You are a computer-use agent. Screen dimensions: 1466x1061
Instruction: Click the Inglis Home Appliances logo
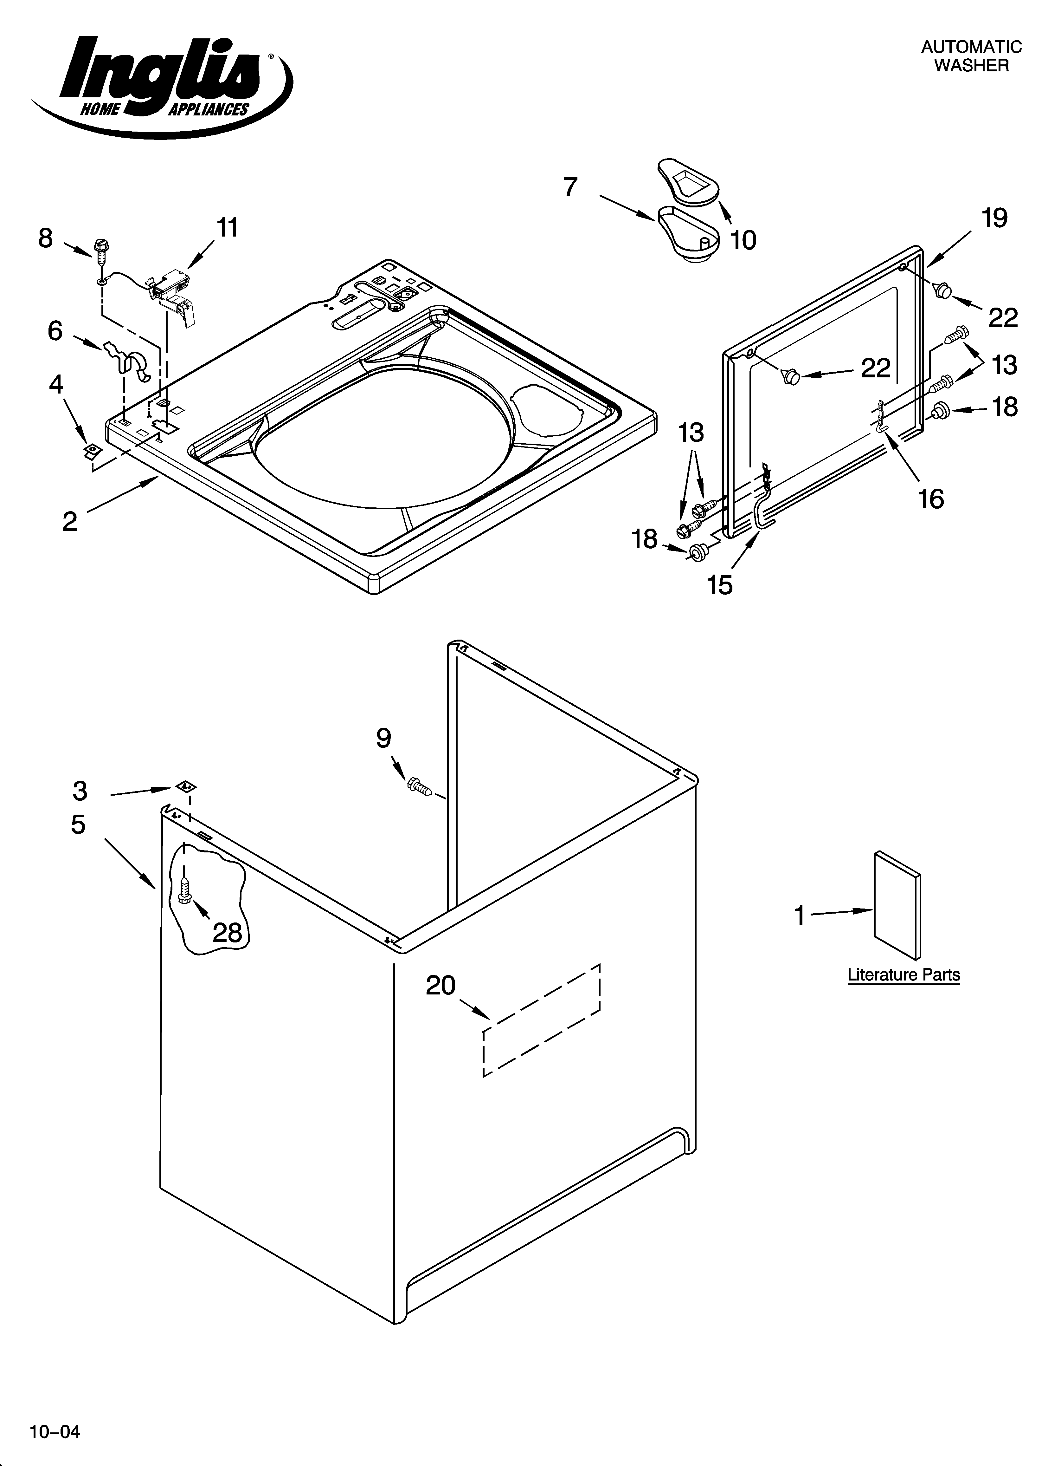click(x=162, y=84)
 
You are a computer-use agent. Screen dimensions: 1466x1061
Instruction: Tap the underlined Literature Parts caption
click(x=903, y=975)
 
